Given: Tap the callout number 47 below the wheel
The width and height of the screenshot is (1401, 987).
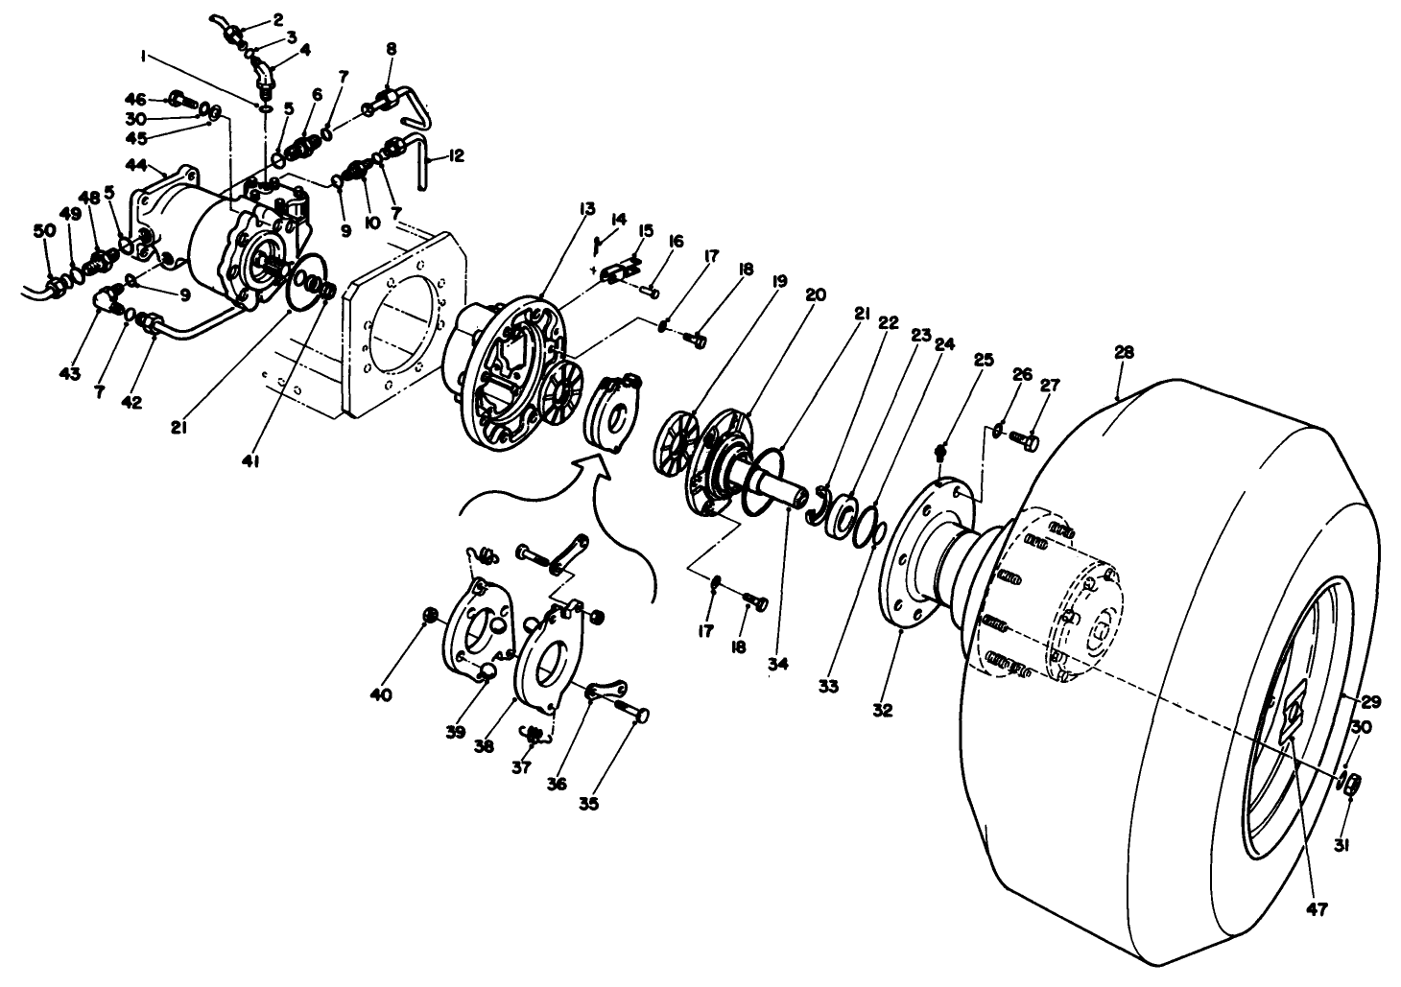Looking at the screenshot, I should pyautogui.click(x=1316, y=909).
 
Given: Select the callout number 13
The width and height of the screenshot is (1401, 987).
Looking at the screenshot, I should pyautogui.click(x=587, y=207).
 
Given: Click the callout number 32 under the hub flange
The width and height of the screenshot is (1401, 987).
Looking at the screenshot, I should pyautogui.click(x=882, y=711).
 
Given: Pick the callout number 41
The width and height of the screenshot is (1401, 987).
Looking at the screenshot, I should pyautogui.click(x=253, y=461).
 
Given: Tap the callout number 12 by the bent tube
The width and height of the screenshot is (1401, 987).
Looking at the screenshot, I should pyautogui.click(x=456, y=155).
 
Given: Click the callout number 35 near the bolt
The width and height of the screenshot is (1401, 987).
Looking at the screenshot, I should pyautogui.click(x=588, y=804).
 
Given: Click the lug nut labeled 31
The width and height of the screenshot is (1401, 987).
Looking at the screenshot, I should pyautogui.click(x=1348, y=786).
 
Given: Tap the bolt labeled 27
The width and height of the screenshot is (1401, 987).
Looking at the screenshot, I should pyautogui.click(x=1025, y=441).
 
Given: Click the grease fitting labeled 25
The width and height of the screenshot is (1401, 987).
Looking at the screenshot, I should pyautogui.click(x=943, y=451).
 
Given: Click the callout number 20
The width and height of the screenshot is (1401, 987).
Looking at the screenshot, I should pyautogui.click(x=816, y=295).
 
